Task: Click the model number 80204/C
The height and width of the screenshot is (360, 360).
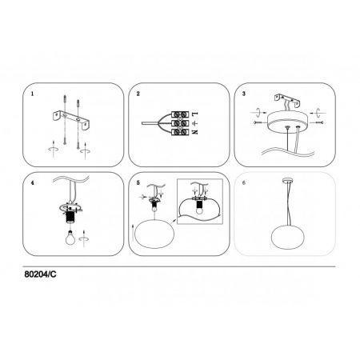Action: [40, 274]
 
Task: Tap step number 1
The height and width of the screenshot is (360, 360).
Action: [33, 94]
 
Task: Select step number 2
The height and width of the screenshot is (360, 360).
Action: [138, 94]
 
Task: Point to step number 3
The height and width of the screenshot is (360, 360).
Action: [244, 94]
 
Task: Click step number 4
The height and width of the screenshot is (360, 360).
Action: [33, 183]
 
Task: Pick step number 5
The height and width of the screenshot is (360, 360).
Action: [138, 183]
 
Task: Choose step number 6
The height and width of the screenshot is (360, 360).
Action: [244, 183]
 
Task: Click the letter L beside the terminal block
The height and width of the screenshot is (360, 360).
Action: [195, 114]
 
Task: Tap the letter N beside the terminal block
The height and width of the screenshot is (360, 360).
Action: [195, 131]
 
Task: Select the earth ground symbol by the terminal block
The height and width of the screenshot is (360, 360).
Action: [195, 123]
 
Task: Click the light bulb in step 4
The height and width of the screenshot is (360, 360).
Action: [70, 237]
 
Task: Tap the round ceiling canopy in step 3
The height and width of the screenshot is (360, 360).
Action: [287, 122]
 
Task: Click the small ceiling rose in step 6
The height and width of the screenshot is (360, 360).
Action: [288, 182]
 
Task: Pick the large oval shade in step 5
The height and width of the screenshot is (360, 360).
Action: [154, 234]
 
